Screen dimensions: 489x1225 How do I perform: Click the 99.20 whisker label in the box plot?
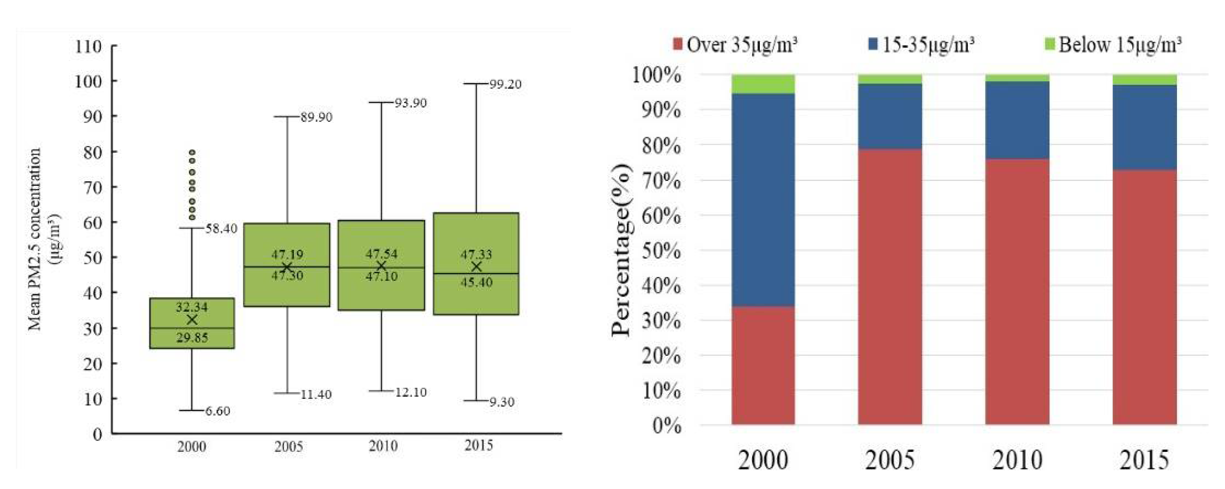coord(505,85)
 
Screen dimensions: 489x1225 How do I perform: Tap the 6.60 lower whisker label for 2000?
coord(218,411)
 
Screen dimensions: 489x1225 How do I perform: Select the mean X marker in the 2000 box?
coord(192,319)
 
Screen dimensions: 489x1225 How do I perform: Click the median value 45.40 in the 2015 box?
coord(477,282)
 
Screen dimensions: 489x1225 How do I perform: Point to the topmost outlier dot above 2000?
coord(192,152)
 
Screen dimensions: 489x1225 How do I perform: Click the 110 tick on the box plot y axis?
coord(88,47)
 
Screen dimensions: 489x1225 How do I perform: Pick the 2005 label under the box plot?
coord(288,447)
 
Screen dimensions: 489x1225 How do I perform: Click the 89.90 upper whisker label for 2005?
coord(316,117)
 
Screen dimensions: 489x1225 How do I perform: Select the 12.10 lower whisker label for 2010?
coord(411,392)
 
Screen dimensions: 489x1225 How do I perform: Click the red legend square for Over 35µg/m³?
coord(678,45)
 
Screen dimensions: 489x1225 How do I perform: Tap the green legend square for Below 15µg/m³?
coord(1050,45)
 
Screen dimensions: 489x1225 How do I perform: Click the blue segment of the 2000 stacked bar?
coord(763,200)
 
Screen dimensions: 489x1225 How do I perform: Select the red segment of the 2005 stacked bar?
coord(890,286)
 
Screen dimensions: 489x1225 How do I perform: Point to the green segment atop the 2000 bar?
coord(763,84)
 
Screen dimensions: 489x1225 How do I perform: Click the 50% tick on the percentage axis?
coord(661,251)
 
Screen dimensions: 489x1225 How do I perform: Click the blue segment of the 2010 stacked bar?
coord(1017,120)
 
